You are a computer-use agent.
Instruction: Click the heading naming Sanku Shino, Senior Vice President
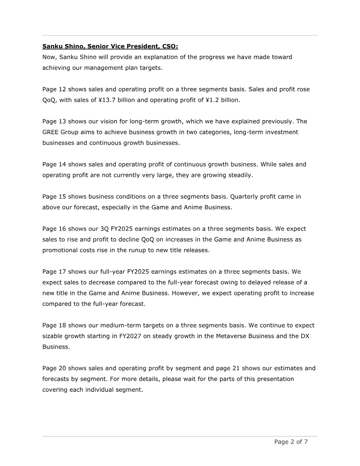click(110, 46)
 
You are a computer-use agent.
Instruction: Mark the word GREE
click(51, 132)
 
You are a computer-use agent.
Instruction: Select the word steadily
click(238, 176)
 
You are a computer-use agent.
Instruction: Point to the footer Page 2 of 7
click(291, 442)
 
